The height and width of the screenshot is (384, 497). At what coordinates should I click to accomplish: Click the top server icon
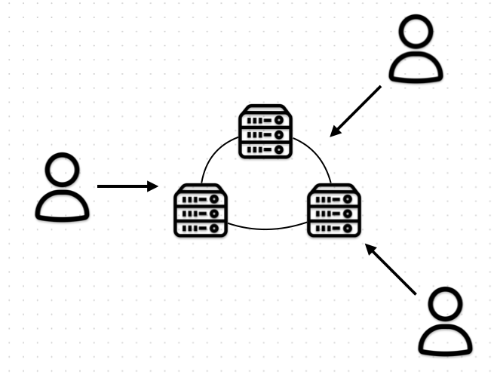(x=265, y=132)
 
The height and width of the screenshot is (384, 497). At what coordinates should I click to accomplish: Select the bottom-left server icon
(x=200, y=210)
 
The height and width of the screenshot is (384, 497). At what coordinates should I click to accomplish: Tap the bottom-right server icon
(x=334, y=210)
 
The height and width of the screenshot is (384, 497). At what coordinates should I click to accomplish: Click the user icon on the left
(x=63, y=188)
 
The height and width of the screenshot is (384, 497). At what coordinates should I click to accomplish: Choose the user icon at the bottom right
(x=445, y=323)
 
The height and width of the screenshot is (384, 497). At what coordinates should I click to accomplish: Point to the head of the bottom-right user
(x=445, y=305)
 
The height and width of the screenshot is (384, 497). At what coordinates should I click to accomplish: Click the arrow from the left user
(x=127, y=186)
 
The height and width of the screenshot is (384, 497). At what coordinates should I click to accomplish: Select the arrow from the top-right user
(x=356, y=111)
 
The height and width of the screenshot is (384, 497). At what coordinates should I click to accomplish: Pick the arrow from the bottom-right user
(x=391, y=269)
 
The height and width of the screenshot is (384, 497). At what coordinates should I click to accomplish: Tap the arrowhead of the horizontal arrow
(x=153, y=186)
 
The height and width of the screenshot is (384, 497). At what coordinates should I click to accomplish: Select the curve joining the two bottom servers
(x=267, y=228)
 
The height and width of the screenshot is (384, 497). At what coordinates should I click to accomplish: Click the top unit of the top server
(x=265, y=120)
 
